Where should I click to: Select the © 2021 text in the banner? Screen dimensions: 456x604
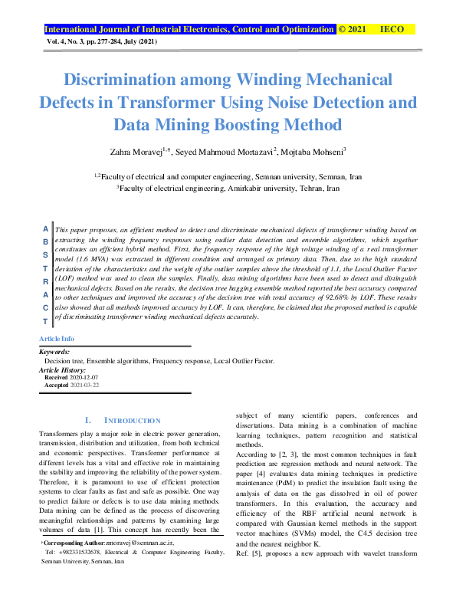pos(352,29)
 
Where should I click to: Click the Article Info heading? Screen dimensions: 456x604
pos(57,338)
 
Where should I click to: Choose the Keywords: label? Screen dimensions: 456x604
pos(54,352)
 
